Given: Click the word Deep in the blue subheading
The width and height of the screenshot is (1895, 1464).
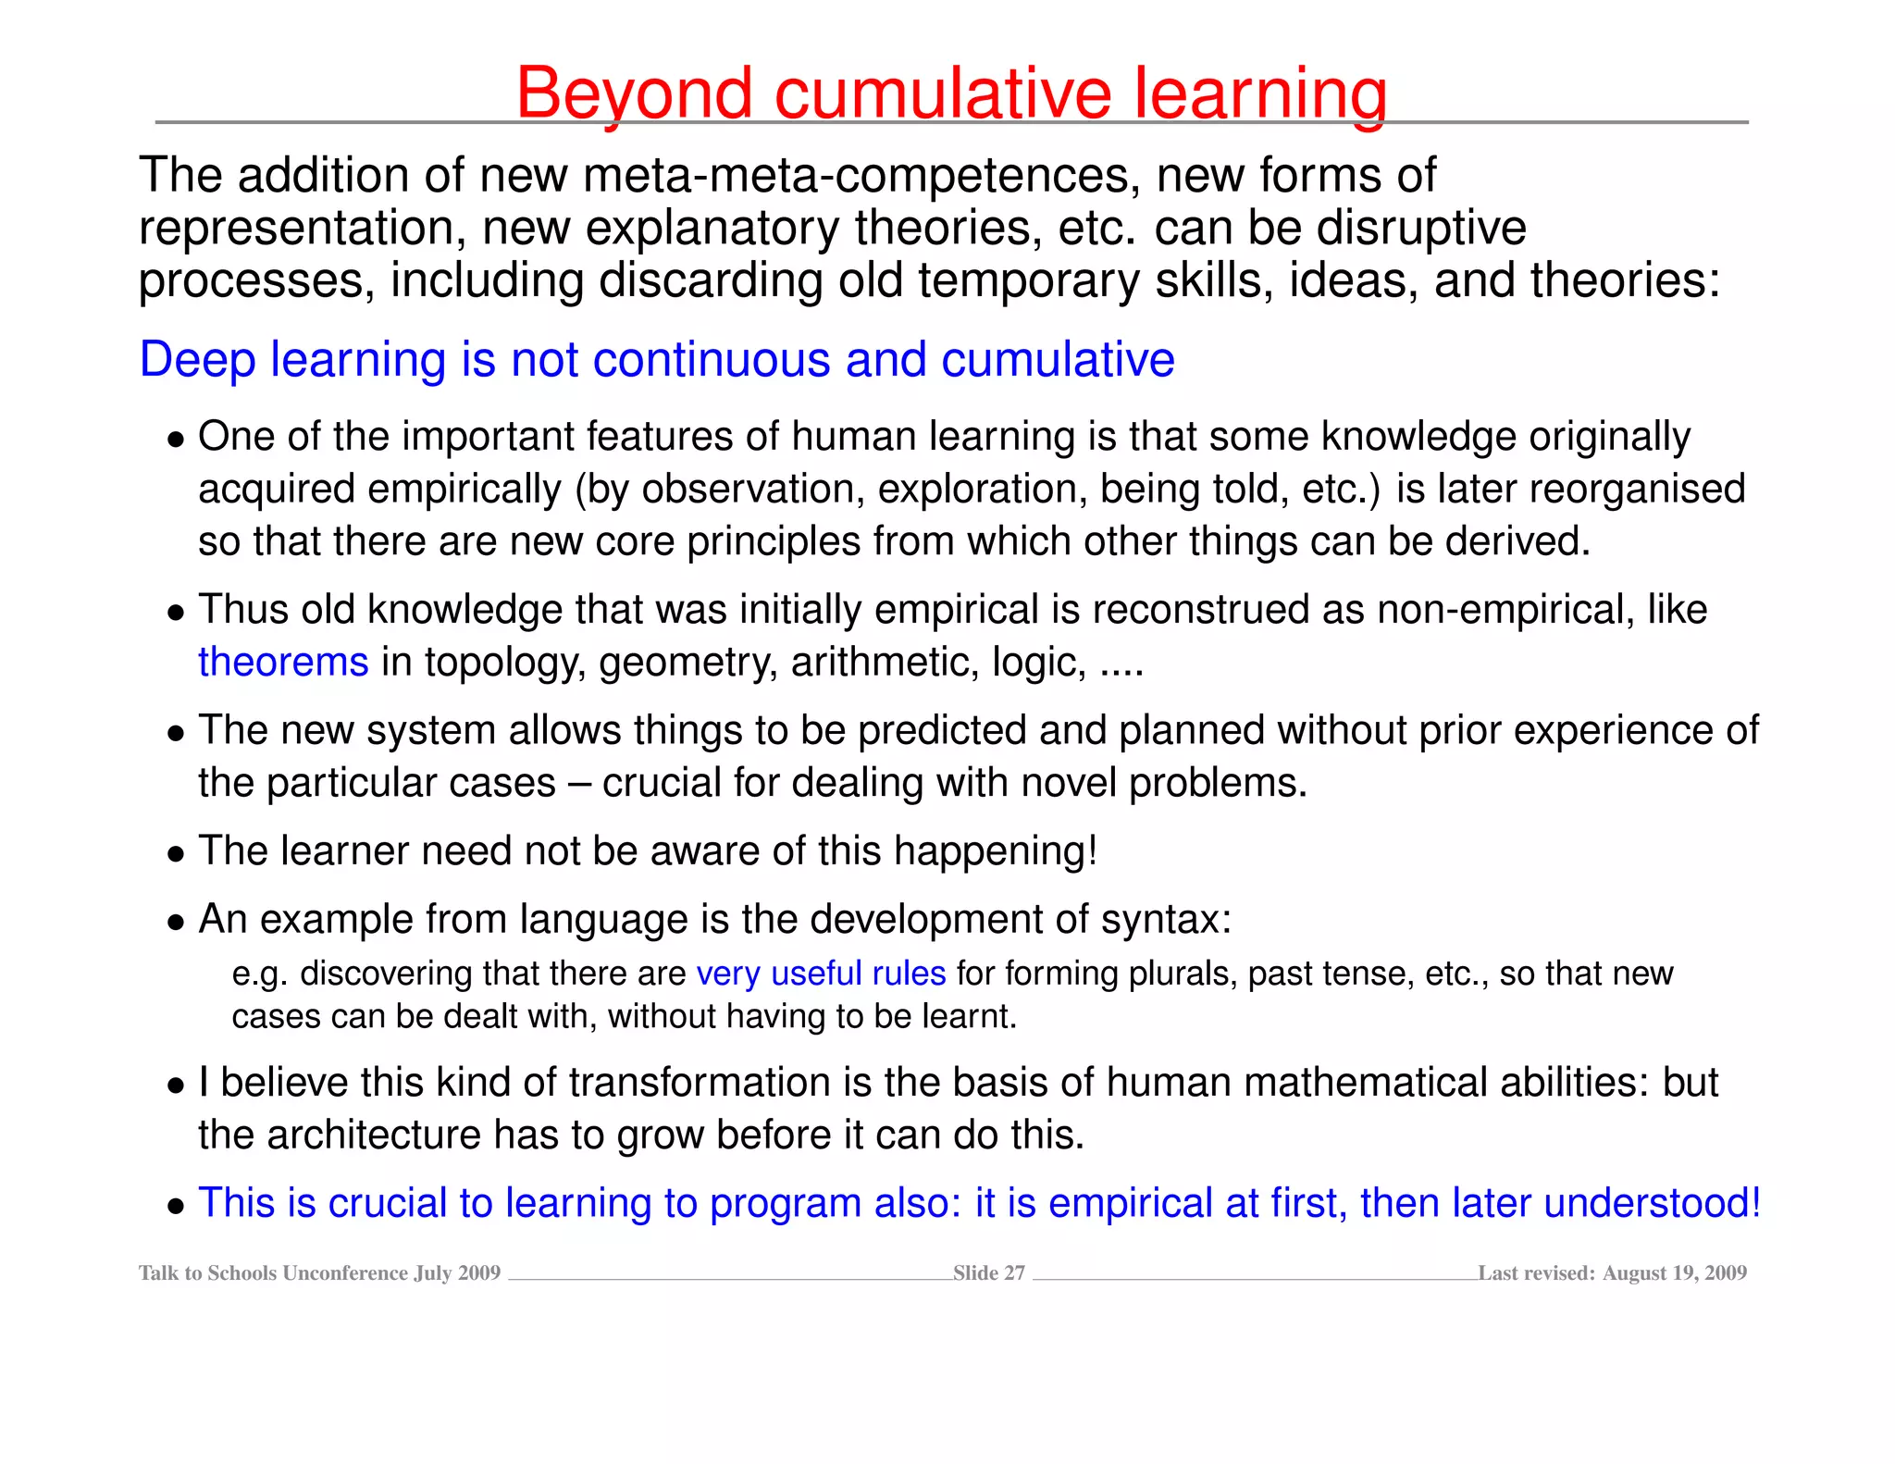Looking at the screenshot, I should coord(197,359).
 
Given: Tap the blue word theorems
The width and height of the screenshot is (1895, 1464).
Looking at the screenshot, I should coord(283,663).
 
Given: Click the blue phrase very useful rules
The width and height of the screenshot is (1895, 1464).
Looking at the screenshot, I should coord(821,974).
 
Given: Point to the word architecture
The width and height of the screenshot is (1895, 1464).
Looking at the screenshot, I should coord(374,1135).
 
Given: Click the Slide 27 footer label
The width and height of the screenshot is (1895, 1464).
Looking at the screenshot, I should coord(988,1273).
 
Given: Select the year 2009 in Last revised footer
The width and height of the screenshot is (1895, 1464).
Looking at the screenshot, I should coord(1725,1273).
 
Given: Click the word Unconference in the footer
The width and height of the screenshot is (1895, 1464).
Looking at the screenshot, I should coord(345,1273).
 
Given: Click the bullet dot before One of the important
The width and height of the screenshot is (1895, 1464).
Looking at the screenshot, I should coord(176,440).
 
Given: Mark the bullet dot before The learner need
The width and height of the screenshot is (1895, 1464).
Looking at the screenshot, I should coord(176,854).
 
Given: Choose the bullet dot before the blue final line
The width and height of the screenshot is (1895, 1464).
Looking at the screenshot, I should coord(176,1207).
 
